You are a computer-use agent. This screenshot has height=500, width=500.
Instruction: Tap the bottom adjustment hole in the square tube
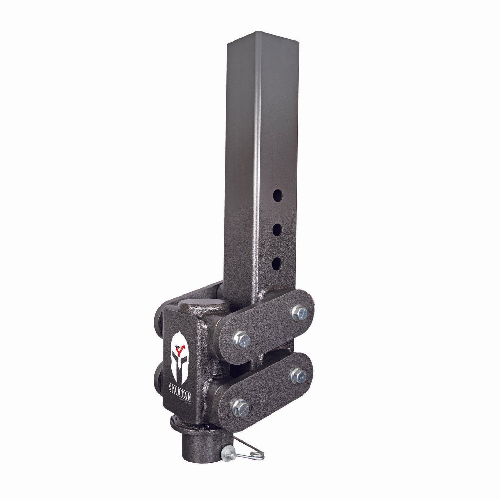click(x=276, y=264)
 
